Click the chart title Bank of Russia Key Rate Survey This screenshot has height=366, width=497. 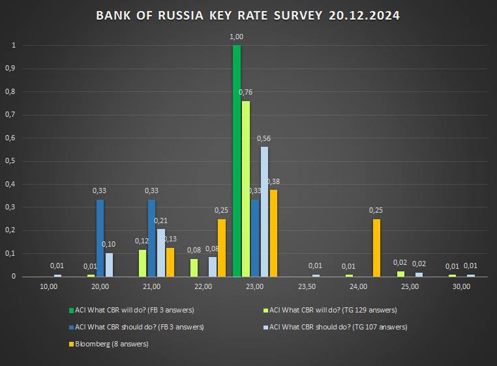point(248,15)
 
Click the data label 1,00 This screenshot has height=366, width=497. point(237,37)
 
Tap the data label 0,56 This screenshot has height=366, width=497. point(264,138)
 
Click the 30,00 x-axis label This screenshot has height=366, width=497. point(462,286)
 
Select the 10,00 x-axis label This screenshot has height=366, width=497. point(49,286)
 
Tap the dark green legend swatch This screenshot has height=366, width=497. point(71,310)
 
